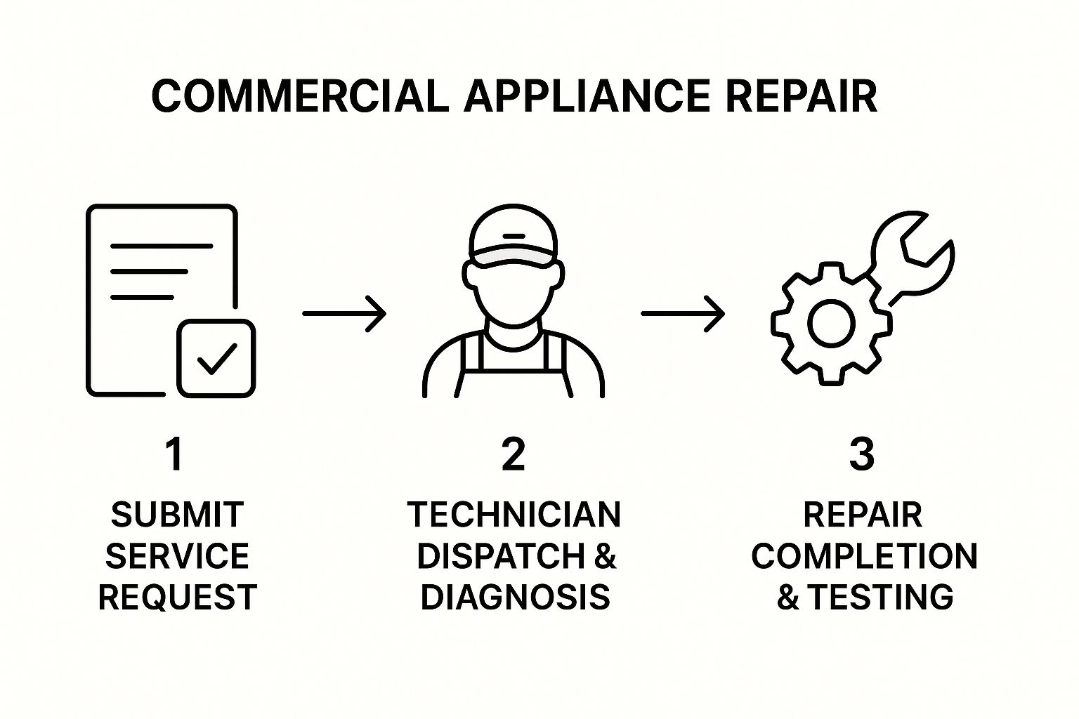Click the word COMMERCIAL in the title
(x=300, y=96)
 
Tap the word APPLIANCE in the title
(x=587, y=96)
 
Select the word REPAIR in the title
(x=801, y=96)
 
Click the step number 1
(x=174, y=454)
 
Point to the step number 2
(x=514, y=454)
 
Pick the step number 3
(x=862, y=454)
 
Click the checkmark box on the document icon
(x=216, y=358)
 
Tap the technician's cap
(x=513, y=239)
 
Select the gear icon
(x=831, y=323)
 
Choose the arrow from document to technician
(x=344, y=313)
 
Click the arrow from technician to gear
(x=683, y=313)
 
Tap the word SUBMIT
(x=177, y=515)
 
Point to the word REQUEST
(x=177, y=598)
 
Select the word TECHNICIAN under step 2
(x=514, y=515)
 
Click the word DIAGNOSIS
(x=515, y=598)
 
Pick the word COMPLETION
(x=864, y=556)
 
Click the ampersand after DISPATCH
(x=605, y=556)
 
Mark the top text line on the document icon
(x=162, y=246)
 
